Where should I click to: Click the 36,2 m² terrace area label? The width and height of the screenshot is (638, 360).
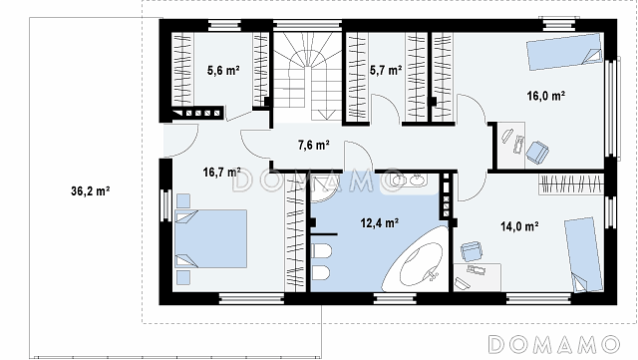(x=91, y=191)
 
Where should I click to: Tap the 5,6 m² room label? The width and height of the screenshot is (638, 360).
(x=223, y=70)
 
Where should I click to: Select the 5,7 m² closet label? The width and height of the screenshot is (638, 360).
(x=386, y=70)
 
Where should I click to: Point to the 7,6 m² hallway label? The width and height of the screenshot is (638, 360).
(x=313, y=145)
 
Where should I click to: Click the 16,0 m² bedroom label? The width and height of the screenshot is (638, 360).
(x=545, y=96)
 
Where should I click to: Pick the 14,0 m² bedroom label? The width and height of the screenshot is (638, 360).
(x=519, y=226)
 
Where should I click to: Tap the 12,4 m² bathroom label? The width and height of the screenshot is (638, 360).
(x=379, y=222)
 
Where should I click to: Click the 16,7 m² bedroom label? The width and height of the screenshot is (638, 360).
(x=221, y=173)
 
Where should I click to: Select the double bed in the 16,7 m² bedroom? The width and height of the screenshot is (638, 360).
(x=210, y=238)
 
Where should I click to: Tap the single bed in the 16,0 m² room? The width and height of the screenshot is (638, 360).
(x=565, y=52)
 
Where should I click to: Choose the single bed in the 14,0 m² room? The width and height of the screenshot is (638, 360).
(x=583, y=254)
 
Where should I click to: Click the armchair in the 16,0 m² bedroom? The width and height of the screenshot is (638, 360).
(x=537, y=153)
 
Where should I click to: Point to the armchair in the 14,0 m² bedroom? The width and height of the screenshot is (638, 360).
(x=472, y=251)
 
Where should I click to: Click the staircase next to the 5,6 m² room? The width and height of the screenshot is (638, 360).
(x=307, y=77)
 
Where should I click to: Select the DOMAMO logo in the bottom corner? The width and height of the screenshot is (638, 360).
(x=553, y=344)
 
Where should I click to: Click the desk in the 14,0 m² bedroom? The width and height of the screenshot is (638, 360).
(x=478, y=277)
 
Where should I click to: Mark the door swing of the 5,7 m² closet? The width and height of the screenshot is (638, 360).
(x=387, y=108)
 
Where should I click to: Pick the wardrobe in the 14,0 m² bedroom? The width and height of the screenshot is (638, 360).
(x=571, y=184)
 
